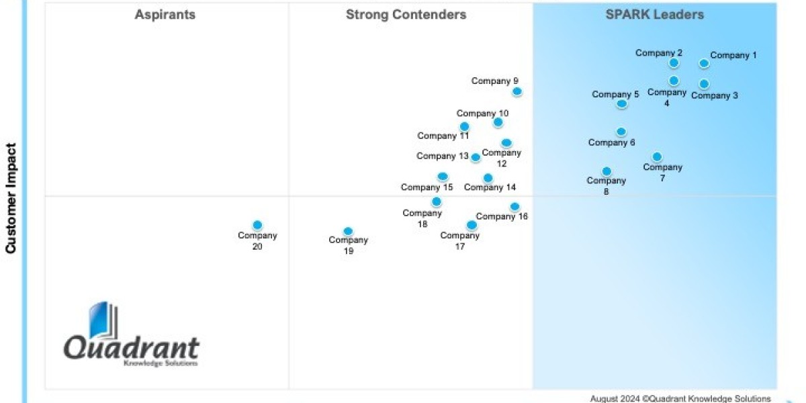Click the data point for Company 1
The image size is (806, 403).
(x=703, y=63)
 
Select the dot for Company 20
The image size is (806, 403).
(x=257, y=225)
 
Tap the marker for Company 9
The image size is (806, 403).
(x=517, y=91)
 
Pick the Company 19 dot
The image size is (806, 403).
(x=348, y=231)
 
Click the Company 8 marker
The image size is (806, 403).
(x=607, y=171)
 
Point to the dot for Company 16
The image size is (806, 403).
(x=514, y=206)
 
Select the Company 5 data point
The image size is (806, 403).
(x=622, y=103)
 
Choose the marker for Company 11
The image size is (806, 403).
(x=464, y=126)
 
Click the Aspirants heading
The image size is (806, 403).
(x=165, y=15)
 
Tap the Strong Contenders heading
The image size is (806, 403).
(x=406, y=15)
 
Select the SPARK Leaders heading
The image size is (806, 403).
(x=654, y=15)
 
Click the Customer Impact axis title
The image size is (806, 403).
(x=11, y=198)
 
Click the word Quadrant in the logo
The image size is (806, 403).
(x=132, y=349)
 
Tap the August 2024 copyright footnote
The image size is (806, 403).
(x=680, y=398)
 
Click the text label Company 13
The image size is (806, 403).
(x=442, y=156)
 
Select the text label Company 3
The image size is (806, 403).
(x=715, y=95)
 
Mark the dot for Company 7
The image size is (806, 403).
(x=657, y=156)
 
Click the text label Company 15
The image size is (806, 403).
(x=427, y=187)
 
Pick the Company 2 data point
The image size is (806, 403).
(x=674, y=63)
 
